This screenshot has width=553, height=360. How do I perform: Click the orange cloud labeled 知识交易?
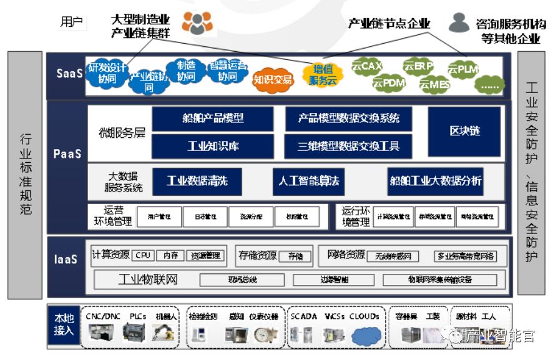pos(273,79)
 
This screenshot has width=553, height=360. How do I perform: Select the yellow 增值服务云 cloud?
pos(322,74)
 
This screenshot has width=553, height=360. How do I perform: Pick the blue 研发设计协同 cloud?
pos(107,72)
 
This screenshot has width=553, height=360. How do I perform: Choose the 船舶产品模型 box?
pos(213,119)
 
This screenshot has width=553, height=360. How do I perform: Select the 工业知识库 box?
pos(213,146)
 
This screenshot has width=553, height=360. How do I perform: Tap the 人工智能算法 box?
pos(308,181)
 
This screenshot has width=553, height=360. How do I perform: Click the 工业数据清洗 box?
pos(197,181)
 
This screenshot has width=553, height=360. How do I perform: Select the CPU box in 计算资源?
pos(144,255)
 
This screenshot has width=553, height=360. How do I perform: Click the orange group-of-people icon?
pos(197,23)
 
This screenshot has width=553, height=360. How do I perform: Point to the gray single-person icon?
pos(459,23)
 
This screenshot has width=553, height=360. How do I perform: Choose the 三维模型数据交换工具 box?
pos(348,146)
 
